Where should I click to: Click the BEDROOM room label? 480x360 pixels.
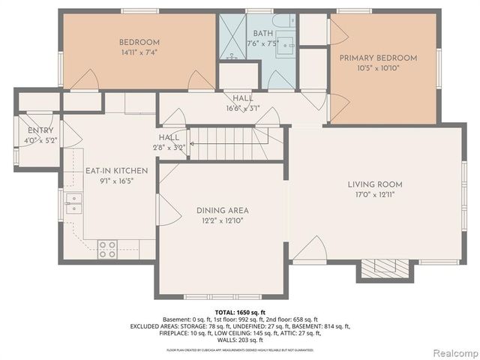click(140, 42)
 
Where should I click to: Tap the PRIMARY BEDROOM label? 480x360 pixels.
click(378, 58)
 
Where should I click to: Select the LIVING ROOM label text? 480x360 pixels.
click(375, 184)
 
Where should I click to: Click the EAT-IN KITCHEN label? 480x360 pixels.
click(116, 171)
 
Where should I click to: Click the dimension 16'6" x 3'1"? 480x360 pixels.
click(242, 108)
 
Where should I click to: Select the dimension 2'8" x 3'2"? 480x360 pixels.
click(169, 148)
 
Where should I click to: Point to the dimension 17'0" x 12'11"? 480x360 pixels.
click(375, 194)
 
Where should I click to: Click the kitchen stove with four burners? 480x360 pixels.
click(107, 248)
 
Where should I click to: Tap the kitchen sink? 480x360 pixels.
click(73, 203)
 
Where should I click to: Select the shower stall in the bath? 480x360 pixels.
click(232, 37)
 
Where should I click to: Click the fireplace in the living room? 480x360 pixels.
click(385, 268)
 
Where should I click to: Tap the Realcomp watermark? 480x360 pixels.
click(452, 352)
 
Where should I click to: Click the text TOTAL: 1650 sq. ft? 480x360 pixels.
click(240, 312)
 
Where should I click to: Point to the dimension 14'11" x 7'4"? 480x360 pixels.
click(140, 52)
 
